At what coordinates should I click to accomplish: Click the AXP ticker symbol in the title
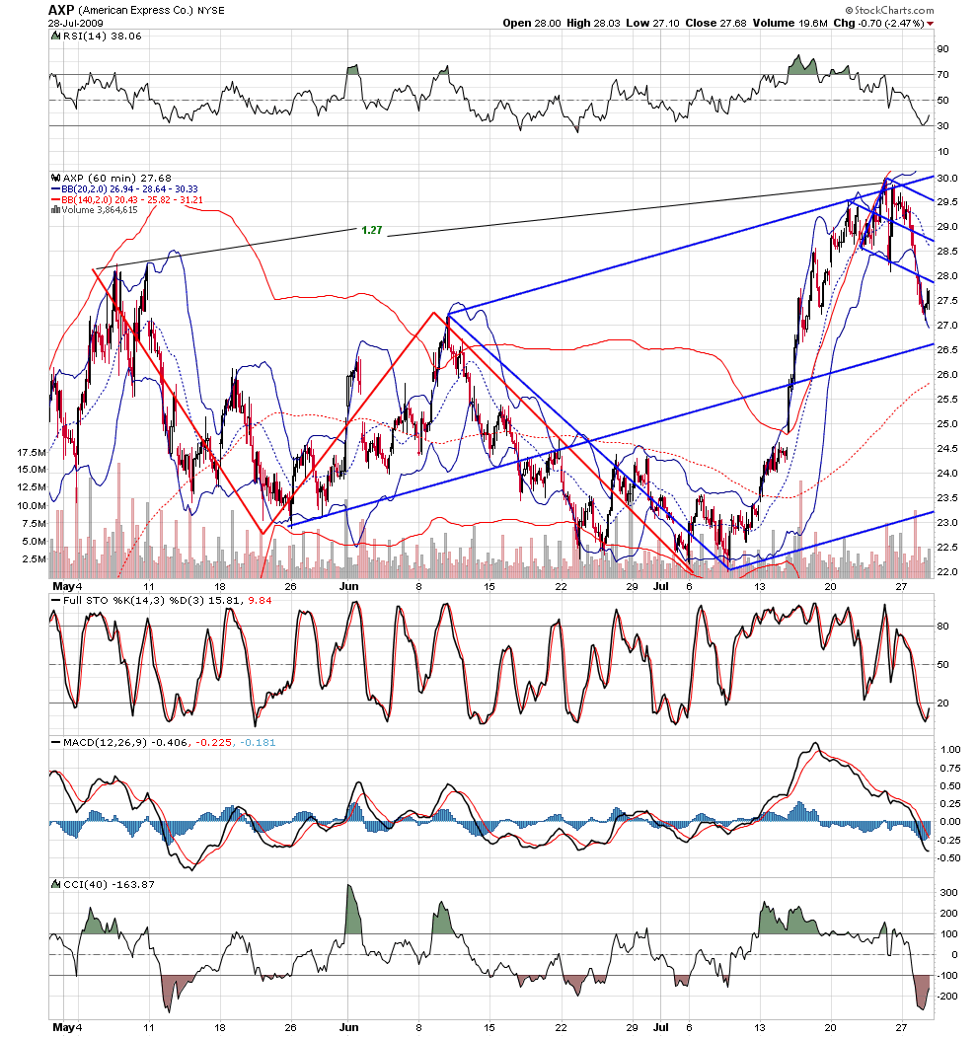(x=61, y=10)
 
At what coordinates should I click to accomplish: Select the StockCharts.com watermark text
(x=890, y=10)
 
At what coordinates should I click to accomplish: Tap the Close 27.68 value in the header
(x=715, y=23)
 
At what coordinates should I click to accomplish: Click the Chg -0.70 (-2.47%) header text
(x=878, y=23)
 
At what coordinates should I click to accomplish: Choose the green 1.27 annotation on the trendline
(x=372, y=230)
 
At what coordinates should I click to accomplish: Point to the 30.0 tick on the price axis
(x=946, y=178)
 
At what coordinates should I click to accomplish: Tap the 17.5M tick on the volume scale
(x=32, y=452)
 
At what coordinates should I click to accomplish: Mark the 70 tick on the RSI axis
(x=941, y=74)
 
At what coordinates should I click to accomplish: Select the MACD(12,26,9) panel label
(x=106, y=742)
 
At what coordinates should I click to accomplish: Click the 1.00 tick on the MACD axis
(x=950, y=749)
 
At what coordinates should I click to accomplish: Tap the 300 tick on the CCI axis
(x=948, y=892)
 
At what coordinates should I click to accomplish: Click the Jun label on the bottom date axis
(x=348, y=1027)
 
